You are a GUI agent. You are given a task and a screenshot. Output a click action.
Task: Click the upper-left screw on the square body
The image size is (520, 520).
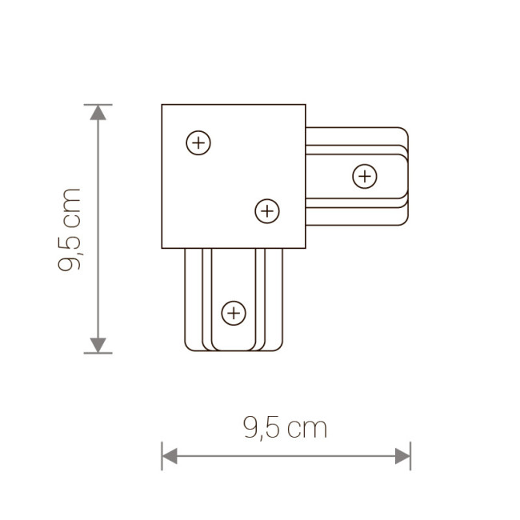click(198, 144)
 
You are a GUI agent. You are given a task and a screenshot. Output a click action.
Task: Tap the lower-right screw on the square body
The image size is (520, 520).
click(266, 211)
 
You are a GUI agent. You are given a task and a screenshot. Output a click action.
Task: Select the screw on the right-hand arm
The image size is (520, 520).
click(365, 175)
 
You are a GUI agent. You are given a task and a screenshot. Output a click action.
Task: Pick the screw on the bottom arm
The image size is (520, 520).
click(233, 312)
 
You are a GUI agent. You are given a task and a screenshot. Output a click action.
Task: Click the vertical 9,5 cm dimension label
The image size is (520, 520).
click(70, 229)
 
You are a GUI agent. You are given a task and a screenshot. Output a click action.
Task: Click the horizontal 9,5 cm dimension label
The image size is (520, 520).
click(284, 429)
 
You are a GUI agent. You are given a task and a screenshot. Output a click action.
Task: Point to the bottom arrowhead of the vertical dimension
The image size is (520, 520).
click(98, 345)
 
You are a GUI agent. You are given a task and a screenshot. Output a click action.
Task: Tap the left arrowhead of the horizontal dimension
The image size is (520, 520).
click(169, 456)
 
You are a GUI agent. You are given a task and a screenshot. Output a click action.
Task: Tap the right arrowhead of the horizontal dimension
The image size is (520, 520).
click(403, 456)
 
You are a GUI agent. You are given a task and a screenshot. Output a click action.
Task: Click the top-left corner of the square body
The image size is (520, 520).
click(162, 105)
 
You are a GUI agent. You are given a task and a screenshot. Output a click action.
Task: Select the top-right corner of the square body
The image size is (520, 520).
click(305, 105)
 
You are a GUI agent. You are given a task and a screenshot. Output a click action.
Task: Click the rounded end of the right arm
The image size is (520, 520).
click(408, 176)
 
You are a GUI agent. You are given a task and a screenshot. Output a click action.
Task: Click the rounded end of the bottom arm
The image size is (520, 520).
click(233, 350)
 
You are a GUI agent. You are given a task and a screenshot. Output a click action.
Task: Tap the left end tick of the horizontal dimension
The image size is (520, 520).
click(162, 456)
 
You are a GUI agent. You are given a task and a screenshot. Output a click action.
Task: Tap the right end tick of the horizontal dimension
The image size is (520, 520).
click(410, 456)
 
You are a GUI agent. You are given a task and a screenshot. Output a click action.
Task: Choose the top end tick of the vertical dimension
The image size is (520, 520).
click(98, 104)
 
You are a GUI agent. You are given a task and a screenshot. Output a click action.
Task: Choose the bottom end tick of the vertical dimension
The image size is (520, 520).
click(98, 353)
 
